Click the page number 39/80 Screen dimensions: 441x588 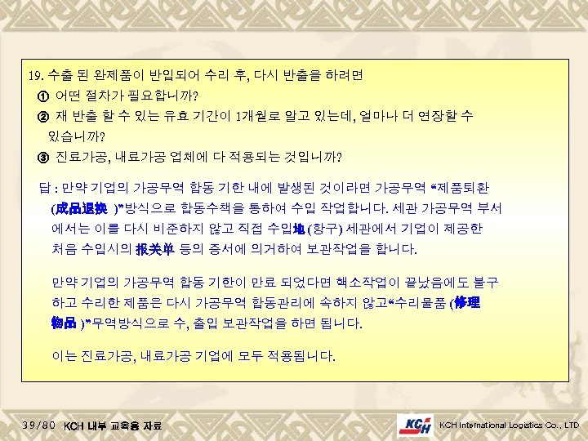tap(39, 425)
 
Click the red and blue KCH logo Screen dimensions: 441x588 tap(416, 425)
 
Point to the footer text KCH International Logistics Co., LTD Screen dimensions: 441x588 tap(508, 425)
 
